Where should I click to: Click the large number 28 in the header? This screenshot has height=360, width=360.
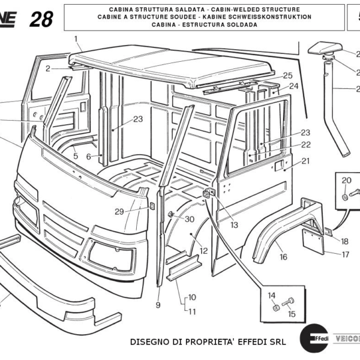[x=40, y=19]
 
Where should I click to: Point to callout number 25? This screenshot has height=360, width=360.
[x=287, y=76]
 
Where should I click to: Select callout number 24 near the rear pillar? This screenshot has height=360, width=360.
[x=293, y=86]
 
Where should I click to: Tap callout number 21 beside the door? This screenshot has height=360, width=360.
[x=305, y=161]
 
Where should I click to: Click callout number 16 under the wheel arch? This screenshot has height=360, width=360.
[x=283, y=257]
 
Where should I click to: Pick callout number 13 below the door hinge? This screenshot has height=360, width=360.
[x=233, y=225]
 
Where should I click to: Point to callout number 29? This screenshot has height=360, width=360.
[x=119, y=211]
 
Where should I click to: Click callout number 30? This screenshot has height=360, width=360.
[x=189, y=219]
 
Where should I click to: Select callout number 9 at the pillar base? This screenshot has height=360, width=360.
[x=158, y=305]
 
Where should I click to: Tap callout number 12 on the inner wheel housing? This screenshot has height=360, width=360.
[x=203, y=251]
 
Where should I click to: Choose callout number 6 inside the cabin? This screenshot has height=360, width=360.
[x=89, y=157]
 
